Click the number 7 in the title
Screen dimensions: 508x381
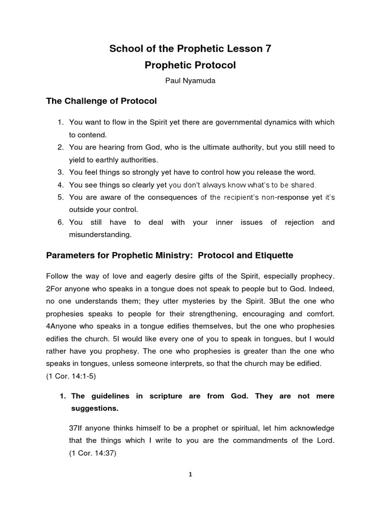point(268,48)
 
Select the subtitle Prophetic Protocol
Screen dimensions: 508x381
point(190,65)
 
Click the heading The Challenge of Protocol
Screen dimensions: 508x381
point(101,101)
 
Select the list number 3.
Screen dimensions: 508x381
point(60,172)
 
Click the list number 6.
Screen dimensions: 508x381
point(60,223)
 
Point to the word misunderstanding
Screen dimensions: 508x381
point(100,235)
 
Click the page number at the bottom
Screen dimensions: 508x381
point(190,474)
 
